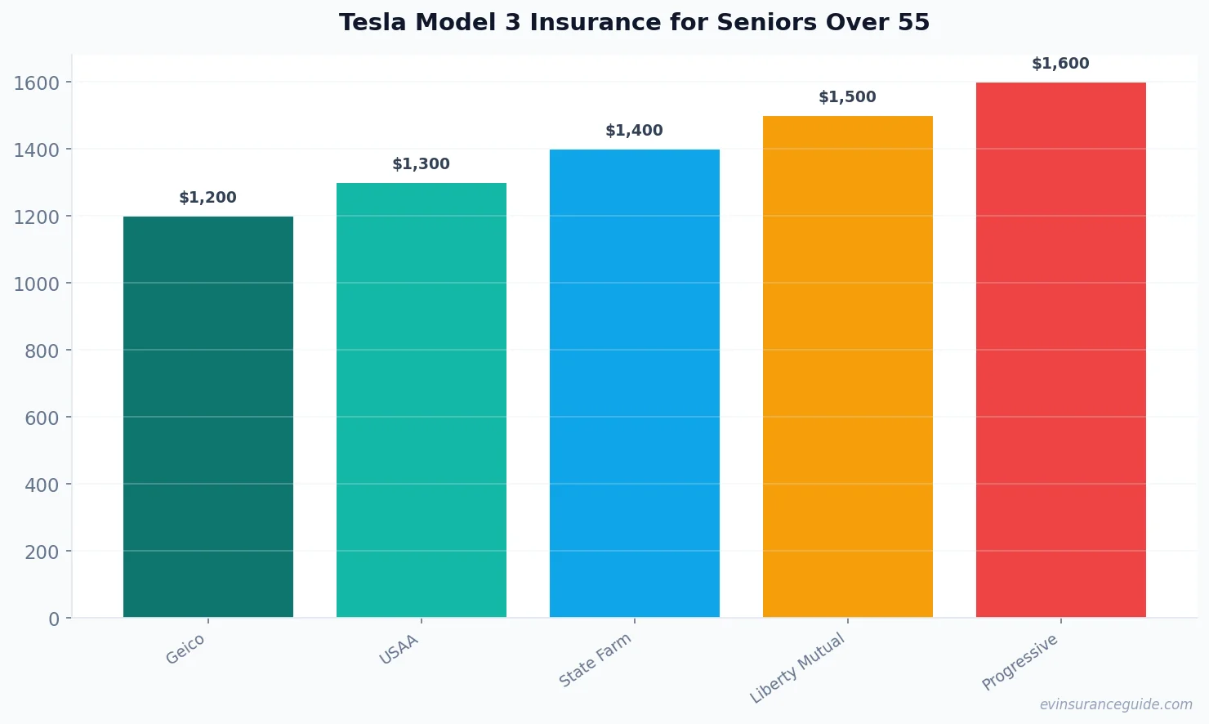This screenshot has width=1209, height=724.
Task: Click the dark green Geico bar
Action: [208, 417]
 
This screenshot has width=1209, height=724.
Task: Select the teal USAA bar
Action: [422, 400]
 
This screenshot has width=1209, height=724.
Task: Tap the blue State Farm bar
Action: [635, 383]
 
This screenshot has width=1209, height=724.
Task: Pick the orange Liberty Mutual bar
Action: [848, 367]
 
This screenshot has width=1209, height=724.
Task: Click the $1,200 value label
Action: [208, 198]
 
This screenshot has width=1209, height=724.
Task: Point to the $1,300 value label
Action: [422, 164]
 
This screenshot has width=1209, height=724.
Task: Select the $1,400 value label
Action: [635, 131]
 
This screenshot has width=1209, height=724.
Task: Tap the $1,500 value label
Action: [848, 97]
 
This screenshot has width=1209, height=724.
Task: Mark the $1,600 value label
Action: [1061, 64]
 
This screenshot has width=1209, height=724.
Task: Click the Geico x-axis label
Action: [185, 650]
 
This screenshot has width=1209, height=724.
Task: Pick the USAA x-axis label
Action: [399, 650]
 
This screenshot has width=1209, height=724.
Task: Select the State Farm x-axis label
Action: [596, 660]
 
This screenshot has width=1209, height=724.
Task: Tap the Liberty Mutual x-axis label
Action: [797, 668]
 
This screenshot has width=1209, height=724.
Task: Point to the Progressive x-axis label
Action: [1020, 662]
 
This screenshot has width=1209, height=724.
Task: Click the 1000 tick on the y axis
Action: [37, 284]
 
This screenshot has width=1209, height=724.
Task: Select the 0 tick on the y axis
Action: [54, 619]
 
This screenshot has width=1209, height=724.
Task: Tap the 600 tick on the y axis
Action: [42, 418]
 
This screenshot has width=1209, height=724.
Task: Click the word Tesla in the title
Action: [373, 23]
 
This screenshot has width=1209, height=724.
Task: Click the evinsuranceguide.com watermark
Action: [1116, 704]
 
